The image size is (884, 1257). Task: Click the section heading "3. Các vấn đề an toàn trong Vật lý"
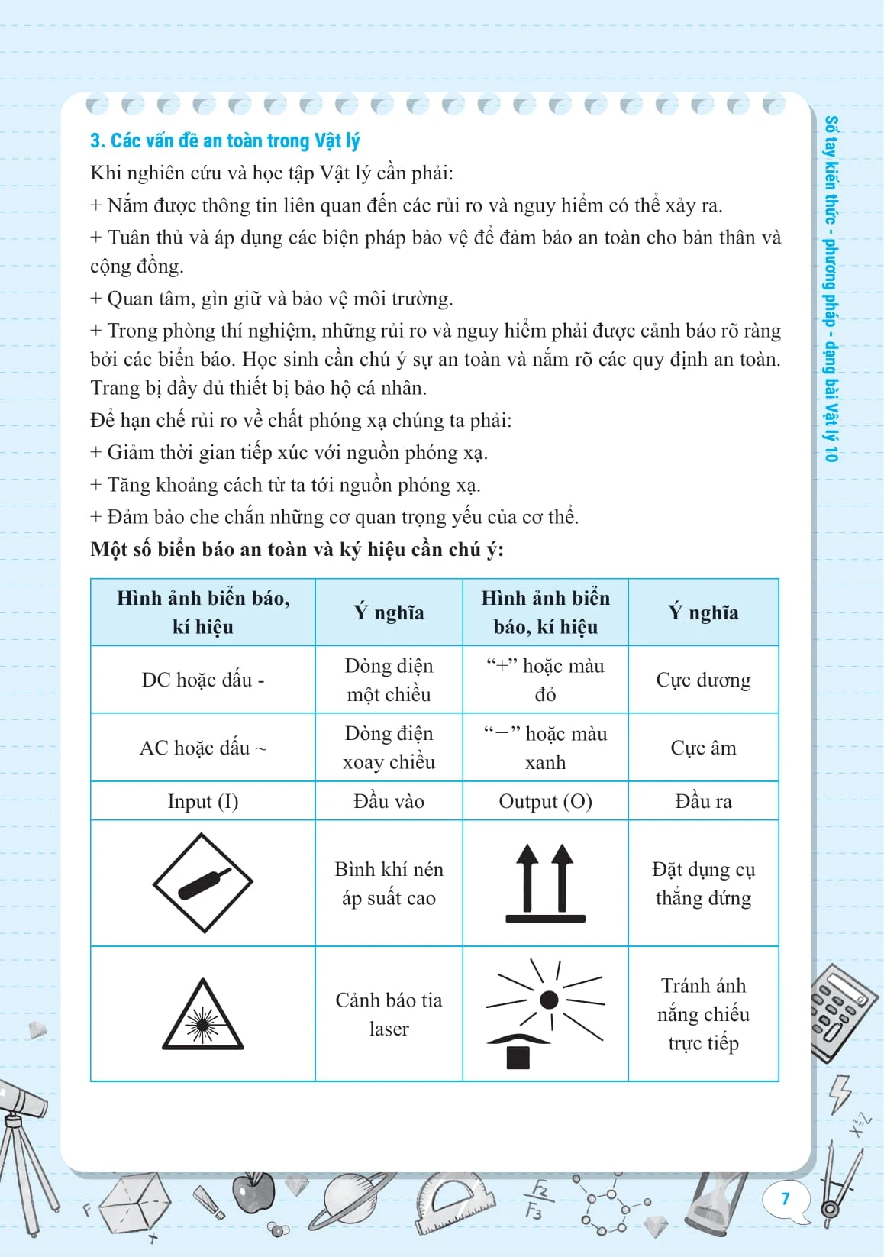pos(224,141)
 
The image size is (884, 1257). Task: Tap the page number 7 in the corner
pos(785,1198)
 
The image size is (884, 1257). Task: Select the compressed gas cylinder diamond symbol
pos(202,883)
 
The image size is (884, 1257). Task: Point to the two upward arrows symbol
pos(545,883)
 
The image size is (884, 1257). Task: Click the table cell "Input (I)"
pos(202,801)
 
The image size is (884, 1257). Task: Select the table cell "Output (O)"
pos(545,801)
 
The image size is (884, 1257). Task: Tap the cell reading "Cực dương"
pos(703,680)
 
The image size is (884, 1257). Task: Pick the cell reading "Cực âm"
pos(703,748)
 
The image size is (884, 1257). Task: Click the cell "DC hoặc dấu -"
pos(202,680)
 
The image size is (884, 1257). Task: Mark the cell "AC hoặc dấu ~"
pos(202,748)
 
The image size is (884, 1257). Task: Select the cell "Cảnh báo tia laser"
pos(389,1014)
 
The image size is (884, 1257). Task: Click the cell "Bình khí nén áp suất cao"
pos(389,884)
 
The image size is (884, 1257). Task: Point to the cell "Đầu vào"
pos(389,801)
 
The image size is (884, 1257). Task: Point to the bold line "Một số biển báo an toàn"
pos(297,550)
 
